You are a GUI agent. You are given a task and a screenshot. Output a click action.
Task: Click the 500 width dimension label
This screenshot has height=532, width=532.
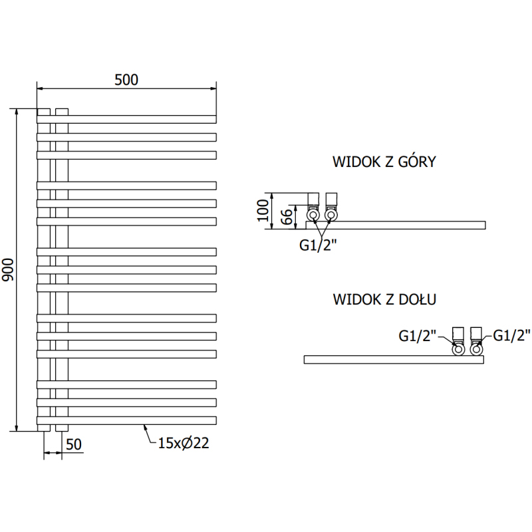coord(126,80)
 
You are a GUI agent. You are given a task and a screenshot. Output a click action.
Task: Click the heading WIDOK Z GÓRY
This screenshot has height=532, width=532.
coord(384,162)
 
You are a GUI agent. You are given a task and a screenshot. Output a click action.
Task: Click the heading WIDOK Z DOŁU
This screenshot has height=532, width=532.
coord(384,300)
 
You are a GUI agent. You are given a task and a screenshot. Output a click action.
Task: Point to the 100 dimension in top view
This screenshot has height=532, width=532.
coord(262,211)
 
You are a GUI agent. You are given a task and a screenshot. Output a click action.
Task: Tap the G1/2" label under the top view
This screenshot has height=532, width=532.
coord(318,245)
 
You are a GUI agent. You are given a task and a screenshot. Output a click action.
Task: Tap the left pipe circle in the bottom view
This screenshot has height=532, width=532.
coord(458,348)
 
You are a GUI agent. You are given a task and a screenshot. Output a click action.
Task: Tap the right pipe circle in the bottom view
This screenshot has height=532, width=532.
coord(476,348)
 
